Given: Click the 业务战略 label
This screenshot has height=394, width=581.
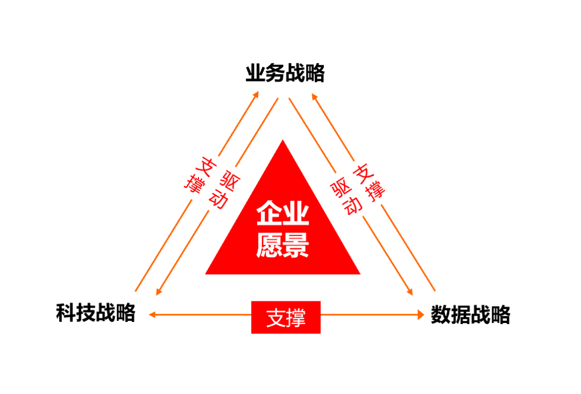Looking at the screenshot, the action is click(x=285, y=73).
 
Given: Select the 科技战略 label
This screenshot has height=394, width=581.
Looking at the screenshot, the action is click(x=95, y=313).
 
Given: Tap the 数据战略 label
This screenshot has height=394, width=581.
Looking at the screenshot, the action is click(x=470, y=315).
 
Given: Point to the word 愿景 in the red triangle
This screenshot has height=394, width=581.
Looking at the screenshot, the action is click(x=282, y=245).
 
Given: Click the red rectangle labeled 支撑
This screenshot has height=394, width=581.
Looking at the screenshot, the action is click(x=286, y=317).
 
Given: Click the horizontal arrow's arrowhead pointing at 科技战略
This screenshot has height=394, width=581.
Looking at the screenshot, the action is click(x=152, y=315).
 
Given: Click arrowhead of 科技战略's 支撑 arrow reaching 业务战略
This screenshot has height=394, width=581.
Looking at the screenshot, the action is click(x=256, y=95).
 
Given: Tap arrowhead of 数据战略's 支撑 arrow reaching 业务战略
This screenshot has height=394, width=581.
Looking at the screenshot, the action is click(x=315, y=96).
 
